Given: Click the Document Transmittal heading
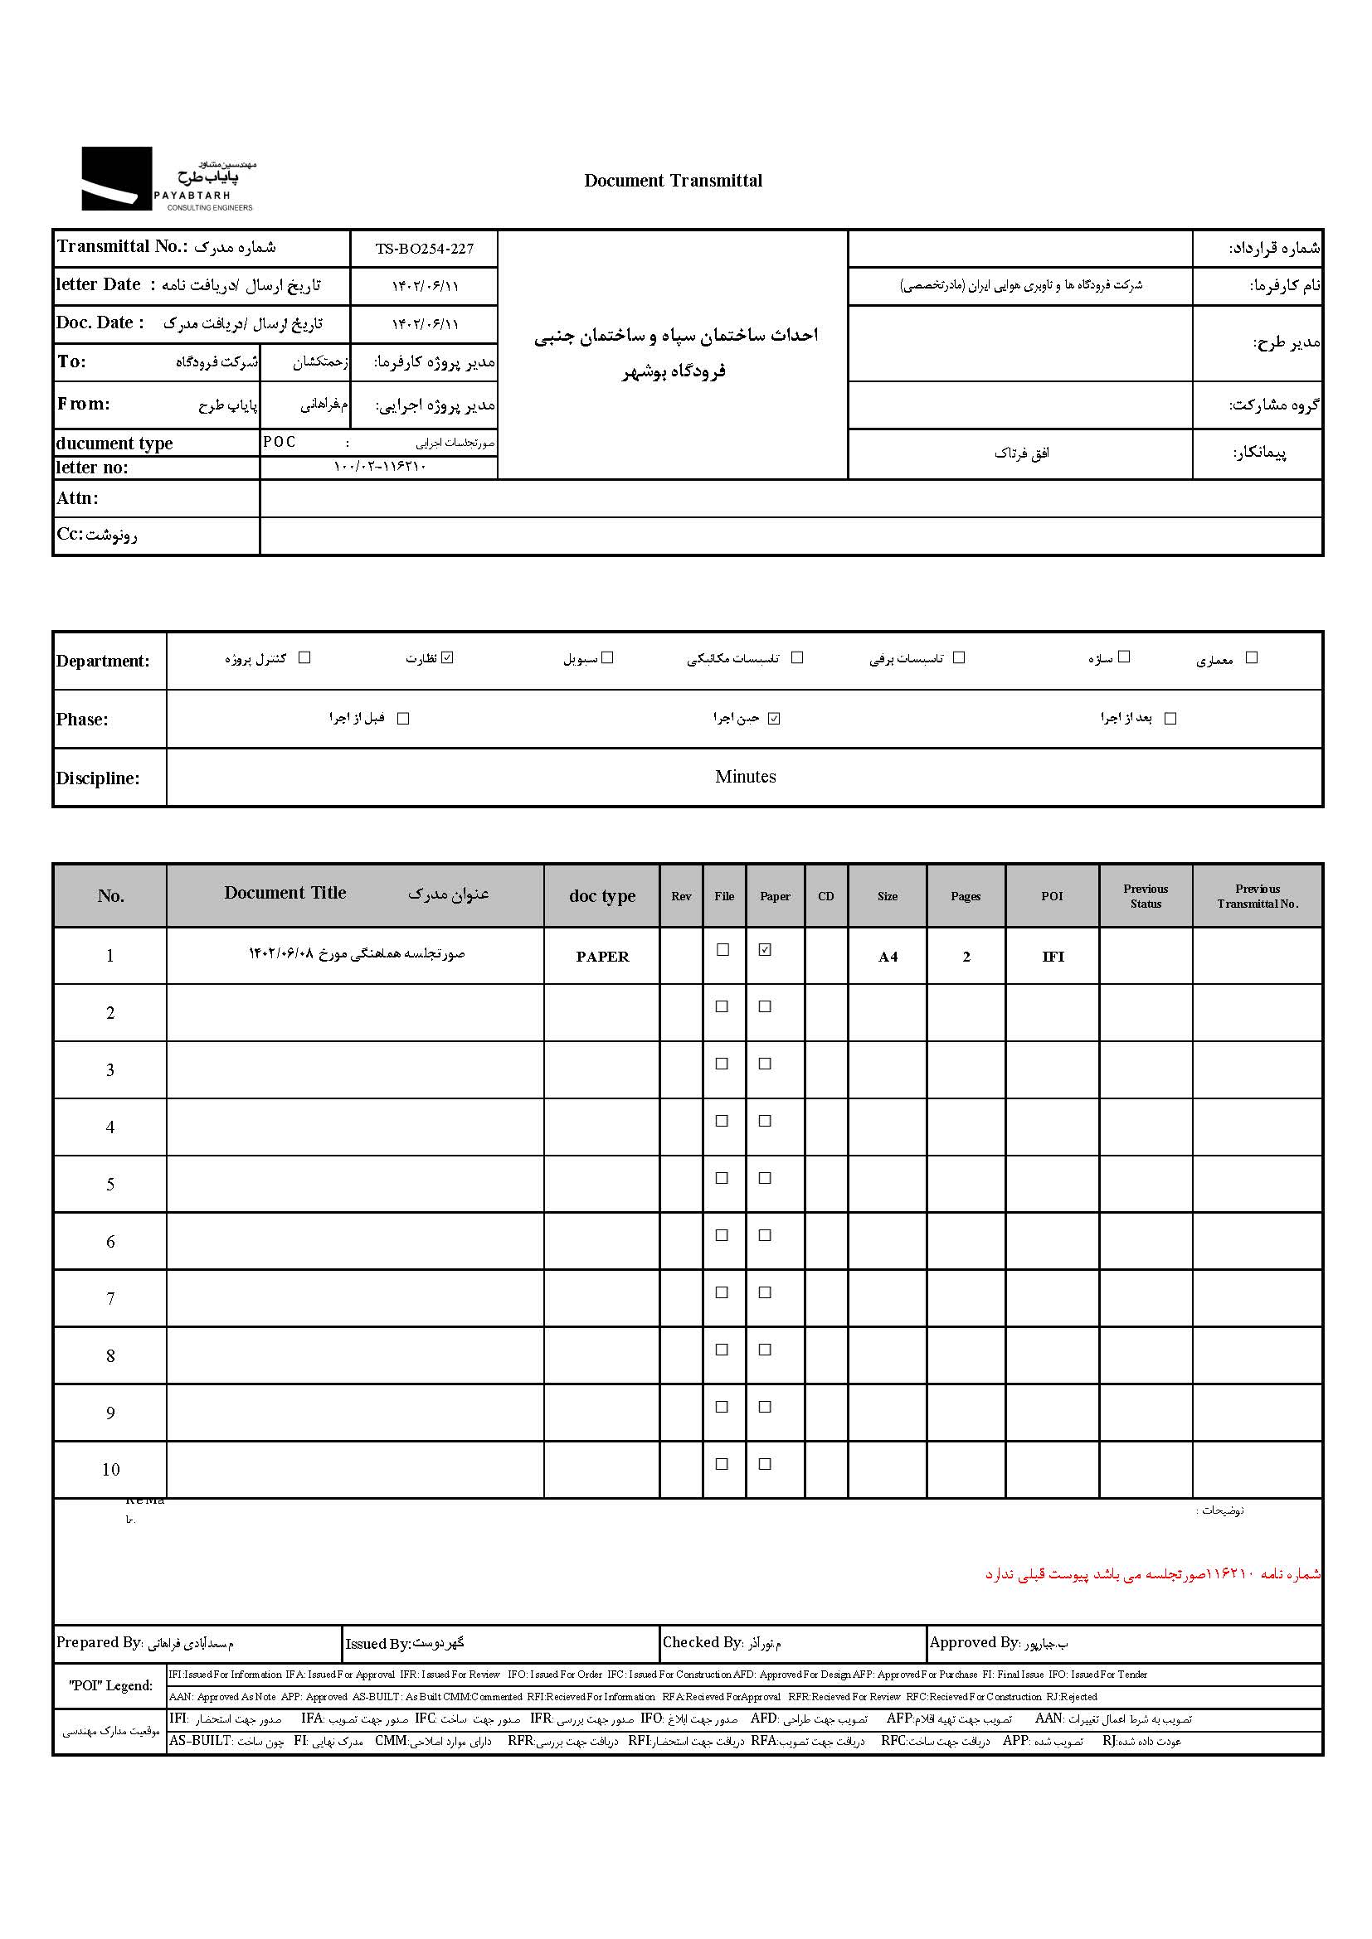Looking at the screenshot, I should click(x=673, y=181).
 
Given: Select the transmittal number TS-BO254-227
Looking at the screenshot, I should click(x=424, y=250).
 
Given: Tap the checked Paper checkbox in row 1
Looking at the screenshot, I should click(x=765, y=950).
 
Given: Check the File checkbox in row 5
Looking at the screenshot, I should click(x=722, y=1178).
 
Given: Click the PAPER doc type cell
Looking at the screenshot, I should click(x=601, y=957).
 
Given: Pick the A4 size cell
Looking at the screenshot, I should click(x=887, y=957).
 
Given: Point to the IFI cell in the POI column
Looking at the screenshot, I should click(x=1053, y=957).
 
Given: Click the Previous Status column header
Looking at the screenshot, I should click(x=1146, y=896).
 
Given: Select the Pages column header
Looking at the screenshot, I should click(x=965, y=896).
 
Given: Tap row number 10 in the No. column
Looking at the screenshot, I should click(x=110, y=1471).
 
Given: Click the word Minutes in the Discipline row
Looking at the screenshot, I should click(x=744, y=777).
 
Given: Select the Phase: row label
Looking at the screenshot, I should click(x=82, y=720).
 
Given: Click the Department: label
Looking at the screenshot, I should click(x=102, y=662).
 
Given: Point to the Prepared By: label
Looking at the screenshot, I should click(x=99, y=1642).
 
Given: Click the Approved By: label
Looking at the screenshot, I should click(x=974, y=1642).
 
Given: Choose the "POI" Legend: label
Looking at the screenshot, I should click(x=110, y=1685).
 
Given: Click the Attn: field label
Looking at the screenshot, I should click(x=78, y=498).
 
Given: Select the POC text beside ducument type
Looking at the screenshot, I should click(x=279, y=442).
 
